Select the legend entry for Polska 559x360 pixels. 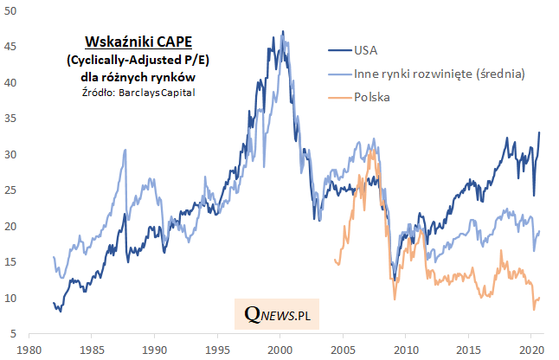372,97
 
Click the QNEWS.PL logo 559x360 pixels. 277,316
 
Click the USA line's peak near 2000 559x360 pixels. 283,32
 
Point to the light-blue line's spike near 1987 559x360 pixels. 125,150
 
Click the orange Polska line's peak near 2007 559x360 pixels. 370,152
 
